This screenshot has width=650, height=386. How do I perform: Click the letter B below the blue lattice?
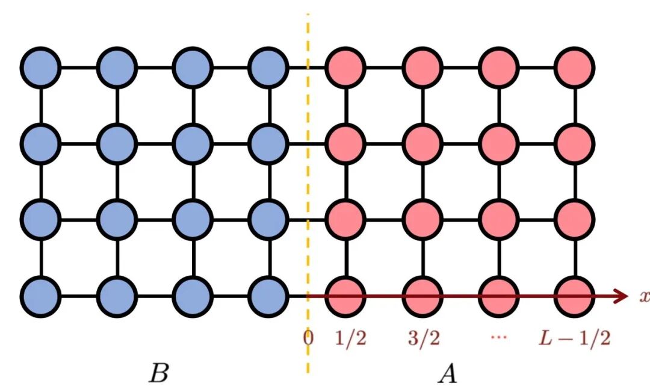[159, 373]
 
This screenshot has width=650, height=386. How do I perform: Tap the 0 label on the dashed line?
[308, 338]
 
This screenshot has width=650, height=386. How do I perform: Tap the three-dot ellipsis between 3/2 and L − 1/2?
[499, 337]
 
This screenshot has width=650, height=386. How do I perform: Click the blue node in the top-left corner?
[41, 67]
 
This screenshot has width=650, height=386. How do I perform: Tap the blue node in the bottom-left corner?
[41, 296]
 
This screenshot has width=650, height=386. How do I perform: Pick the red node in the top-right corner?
[575, 67]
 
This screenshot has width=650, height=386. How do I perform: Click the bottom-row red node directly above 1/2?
[345, 296]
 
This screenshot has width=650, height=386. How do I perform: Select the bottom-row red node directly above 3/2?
[422, 296]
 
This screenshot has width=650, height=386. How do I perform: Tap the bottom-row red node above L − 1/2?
[575, 296]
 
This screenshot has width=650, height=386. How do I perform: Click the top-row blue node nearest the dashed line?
[268, 67]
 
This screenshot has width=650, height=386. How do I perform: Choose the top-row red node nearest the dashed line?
[345, 67]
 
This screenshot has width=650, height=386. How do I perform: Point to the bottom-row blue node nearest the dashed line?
[268, 296]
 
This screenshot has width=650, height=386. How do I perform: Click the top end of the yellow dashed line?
[308, 14]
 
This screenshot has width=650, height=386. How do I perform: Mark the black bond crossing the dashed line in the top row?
[307, 67]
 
